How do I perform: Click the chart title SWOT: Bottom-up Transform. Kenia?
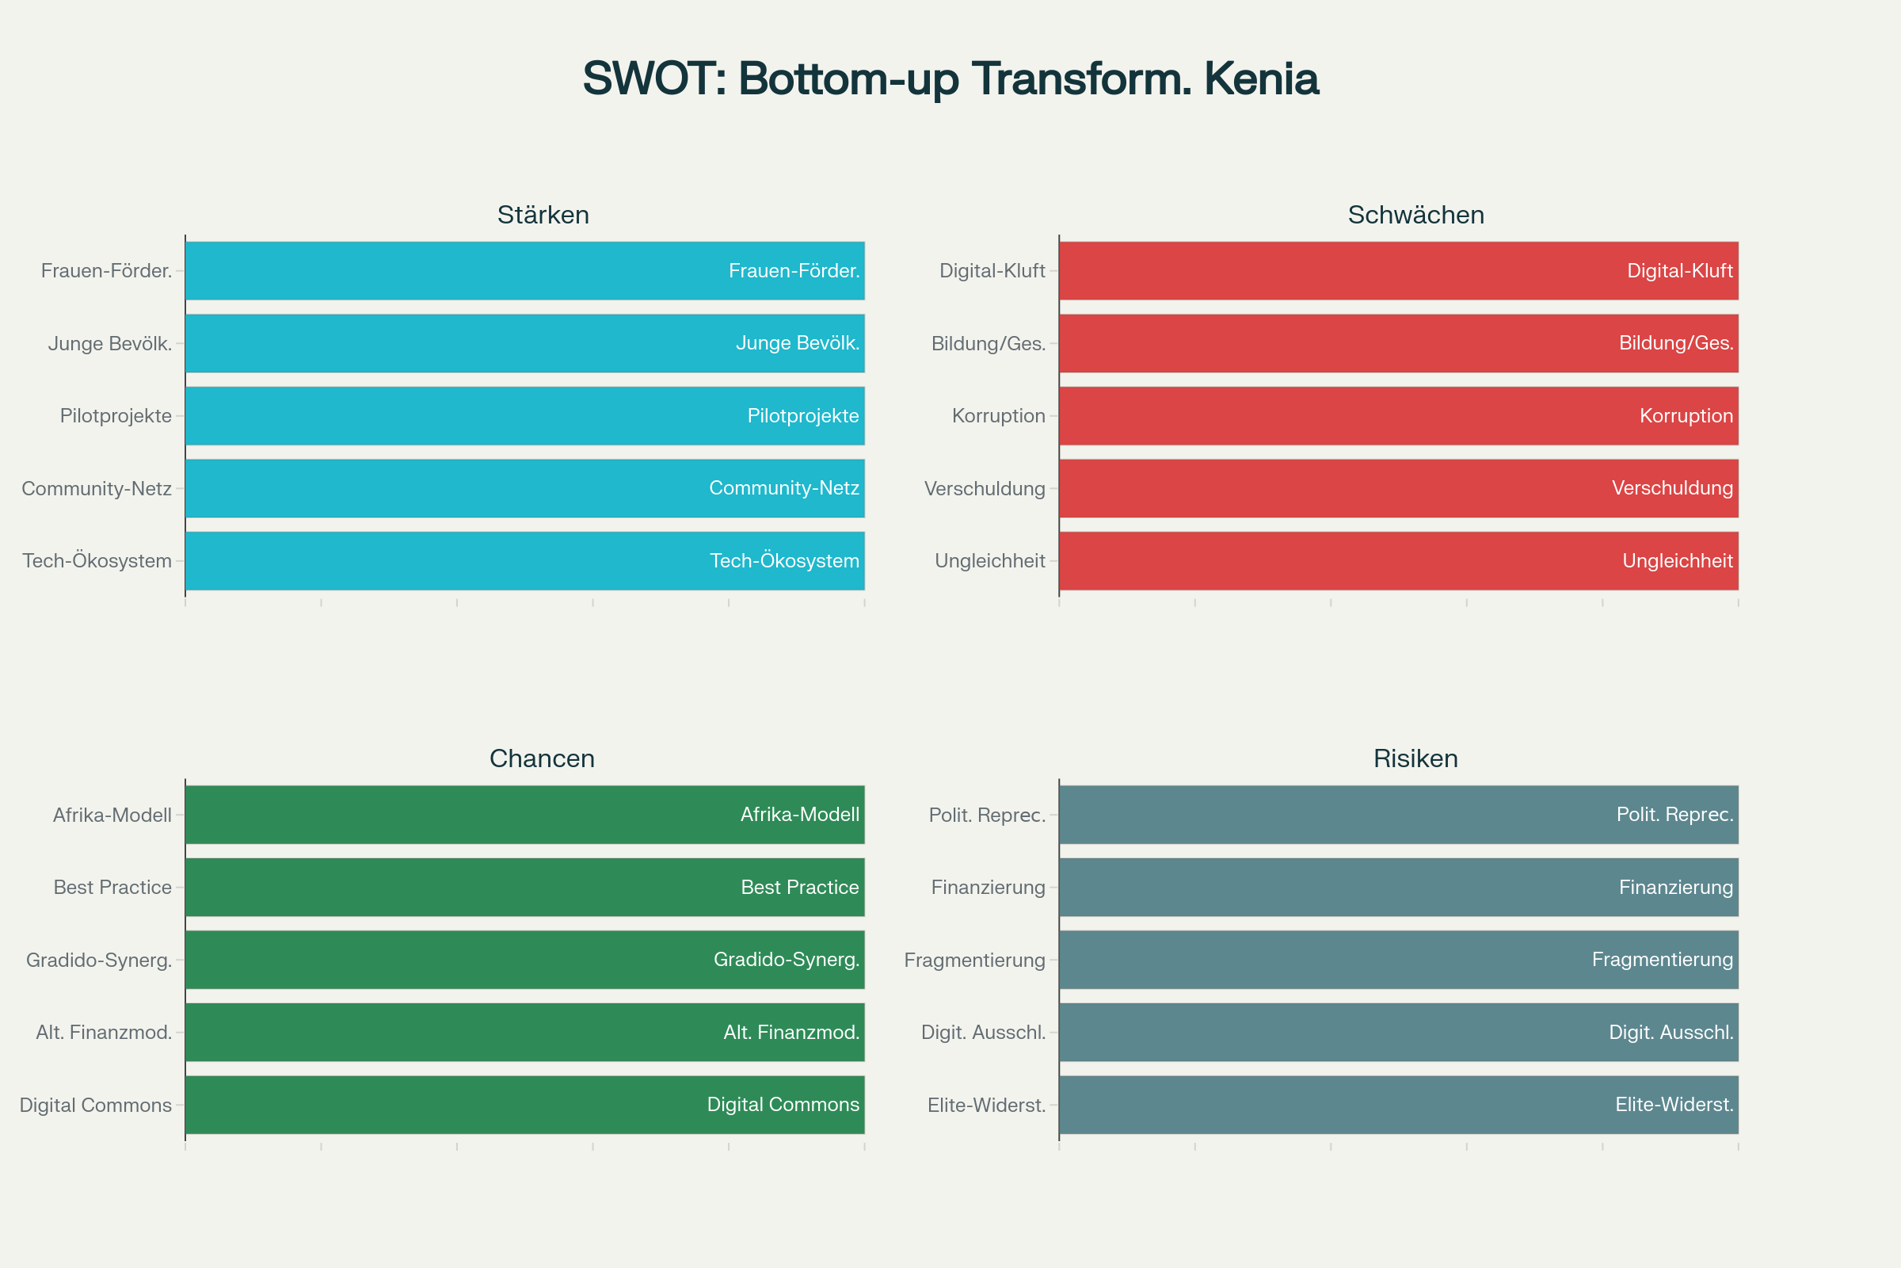pyautogui.click(x=950, y=79)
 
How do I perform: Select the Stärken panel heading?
pyautogui.click(x=543, y=215)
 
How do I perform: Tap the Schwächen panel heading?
pyautogui.click(x=1416, y=215)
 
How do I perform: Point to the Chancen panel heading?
pyautogui.click(x=543, y=758)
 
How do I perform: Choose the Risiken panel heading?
pyautogui.click(x=1416, y=758)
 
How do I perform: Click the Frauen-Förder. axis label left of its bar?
pyautogui.click(x=107, y=271)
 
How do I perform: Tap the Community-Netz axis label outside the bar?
pyautogui.click(x=97, y=488)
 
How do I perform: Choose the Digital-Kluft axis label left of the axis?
pyautogui.click(x=992, y=271)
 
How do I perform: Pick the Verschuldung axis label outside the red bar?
pyautogui.click(x=985, y=488)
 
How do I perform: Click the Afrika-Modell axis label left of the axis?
pyautogui.click(x=112, y=815)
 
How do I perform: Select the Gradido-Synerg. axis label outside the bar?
pyautogui.click(x=100, y=960)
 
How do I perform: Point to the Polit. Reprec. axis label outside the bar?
pyautogui.click(x=988, y=815)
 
